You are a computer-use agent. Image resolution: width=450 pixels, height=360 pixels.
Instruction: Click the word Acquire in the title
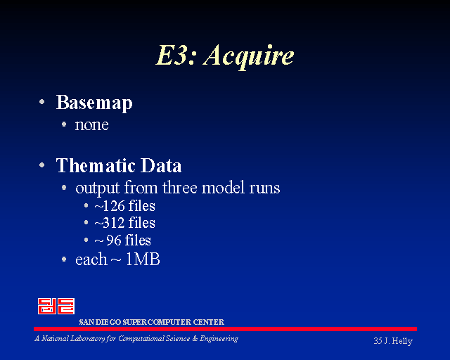click(x=248, y=56)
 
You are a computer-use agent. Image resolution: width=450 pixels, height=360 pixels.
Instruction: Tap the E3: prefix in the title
click(x=176, y=55)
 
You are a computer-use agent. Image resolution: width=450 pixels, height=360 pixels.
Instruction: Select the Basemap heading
click(x=94, y=103)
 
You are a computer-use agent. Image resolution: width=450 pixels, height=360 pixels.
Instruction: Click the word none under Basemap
click(x=92, y=125)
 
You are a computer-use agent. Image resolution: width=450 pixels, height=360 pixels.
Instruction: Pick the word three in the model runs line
click(x=180, y=188)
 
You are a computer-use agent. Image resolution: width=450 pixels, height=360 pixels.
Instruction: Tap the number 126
click(x=114, y=206)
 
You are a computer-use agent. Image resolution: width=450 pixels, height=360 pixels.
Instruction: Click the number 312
click(x=114, y=223)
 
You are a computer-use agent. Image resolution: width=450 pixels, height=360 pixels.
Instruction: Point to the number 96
click(x=114, y=240)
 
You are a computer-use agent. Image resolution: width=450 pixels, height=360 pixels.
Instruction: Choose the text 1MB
click(x=143, y=259)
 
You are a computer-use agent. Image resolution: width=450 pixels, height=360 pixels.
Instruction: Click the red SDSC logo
click(x=56, y=306)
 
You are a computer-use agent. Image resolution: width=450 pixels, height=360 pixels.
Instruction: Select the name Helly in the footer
click(x=402, y=341)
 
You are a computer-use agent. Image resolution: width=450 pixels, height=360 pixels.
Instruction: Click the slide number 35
click(x=378, y=341)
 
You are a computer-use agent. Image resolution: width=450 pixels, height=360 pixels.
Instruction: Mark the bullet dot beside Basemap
click(x=42, y=101)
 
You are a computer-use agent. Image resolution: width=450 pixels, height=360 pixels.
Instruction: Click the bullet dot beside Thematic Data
click(x=42, y=165)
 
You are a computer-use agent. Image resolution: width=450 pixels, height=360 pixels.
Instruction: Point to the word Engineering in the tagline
click(x=219, y=339)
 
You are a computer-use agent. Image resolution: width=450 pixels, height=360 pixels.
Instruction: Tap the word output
click(x=97, y=188)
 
